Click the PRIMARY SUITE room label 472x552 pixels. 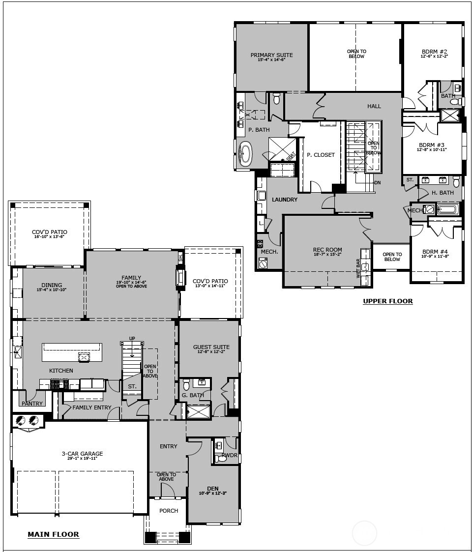click(x=271, y=55)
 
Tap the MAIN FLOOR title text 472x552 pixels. click(x=53, y=534)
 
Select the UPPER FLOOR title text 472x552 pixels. click(x=387, y=301)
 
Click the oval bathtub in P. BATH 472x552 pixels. click(x=245, y=154)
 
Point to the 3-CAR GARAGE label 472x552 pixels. click(x=82, y=454)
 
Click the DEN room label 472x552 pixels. click(x=212, y=489)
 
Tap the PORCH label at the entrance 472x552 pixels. click(x=169, y=511)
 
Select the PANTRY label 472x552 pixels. click(x=32, y=404)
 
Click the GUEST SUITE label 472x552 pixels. click(x=211, y=347)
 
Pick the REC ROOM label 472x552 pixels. click(x=327, y=250)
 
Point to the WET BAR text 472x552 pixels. click(x=358, y=269)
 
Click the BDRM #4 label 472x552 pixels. click(x=435, y=251)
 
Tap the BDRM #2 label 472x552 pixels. click(x=434, y=52)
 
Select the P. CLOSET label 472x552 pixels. click(x=321, y=155)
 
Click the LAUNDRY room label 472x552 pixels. click(x=285, y=200)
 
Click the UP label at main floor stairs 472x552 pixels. click(x=132, y=339)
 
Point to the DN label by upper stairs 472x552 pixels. click(x=377, y=182)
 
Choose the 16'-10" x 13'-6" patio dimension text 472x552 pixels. click(x=49, y=236)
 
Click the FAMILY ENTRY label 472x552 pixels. click(x=92, y=407)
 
